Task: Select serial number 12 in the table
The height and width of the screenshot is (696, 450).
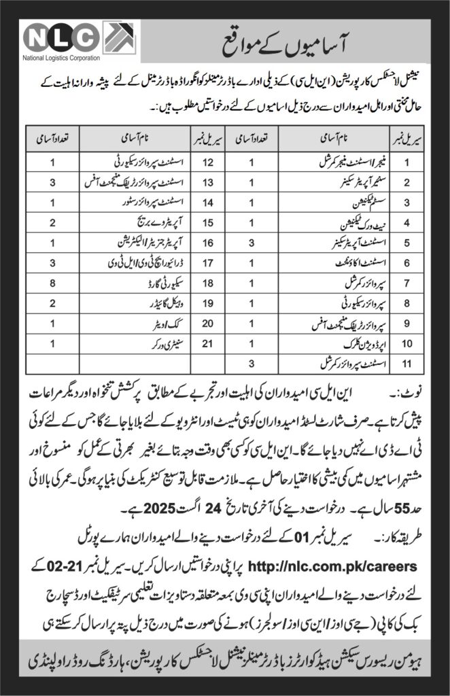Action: pyautogui.click(x=191, y=162)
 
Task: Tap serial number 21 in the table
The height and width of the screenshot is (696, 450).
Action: pyautogui.click(x=191, y=345)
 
